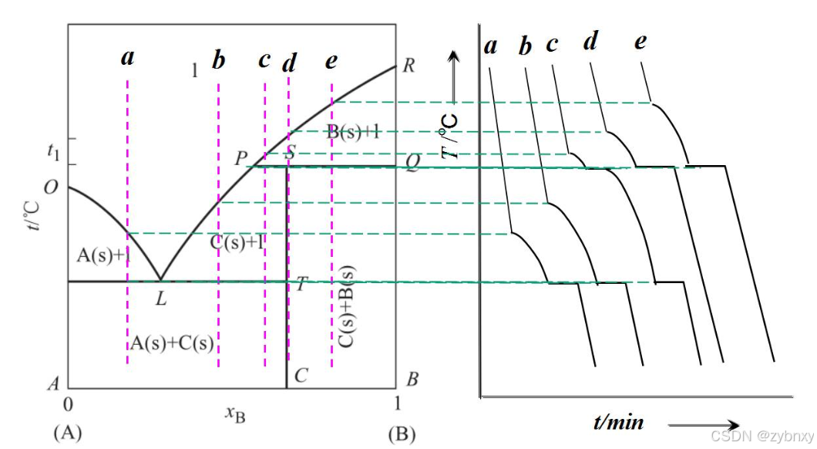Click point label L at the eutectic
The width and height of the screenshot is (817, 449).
click(x=160, y=299)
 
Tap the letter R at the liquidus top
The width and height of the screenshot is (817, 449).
click(x=408, y=65)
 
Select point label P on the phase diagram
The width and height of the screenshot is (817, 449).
click(x=242, y=158)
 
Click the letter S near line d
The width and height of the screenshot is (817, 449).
click(x=290, y=152)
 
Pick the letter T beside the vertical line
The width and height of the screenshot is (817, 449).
click(x=300, y=284)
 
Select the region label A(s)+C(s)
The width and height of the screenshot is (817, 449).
click(x=172, y=342)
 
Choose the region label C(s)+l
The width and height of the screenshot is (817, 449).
click(x=238, y=241)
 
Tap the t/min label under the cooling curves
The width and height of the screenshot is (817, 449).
click(x=618, y=422)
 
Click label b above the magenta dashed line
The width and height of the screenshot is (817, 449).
click(x=219, y=61)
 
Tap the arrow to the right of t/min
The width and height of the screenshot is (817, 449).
click(x=704, y=424)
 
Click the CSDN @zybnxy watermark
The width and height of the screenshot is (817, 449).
click(x=761, y=436)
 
